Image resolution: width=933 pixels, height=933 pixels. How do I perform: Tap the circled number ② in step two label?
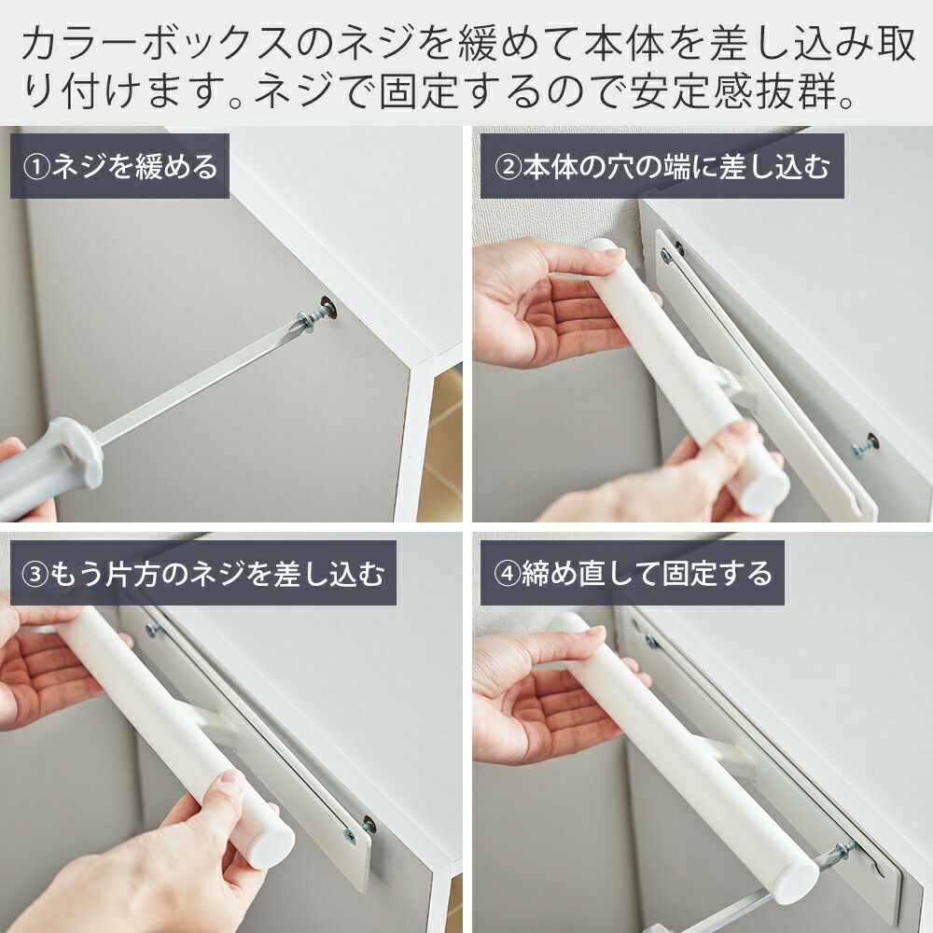(508, 167)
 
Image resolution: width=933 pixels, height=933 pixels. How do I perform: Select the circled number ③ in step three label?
(35, 574)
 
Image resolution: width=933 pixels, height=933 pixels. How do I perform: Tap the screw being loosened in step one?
(318, 314)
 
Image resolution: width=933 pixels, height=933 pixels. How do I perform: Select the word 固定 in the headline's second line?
(420, 91)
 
